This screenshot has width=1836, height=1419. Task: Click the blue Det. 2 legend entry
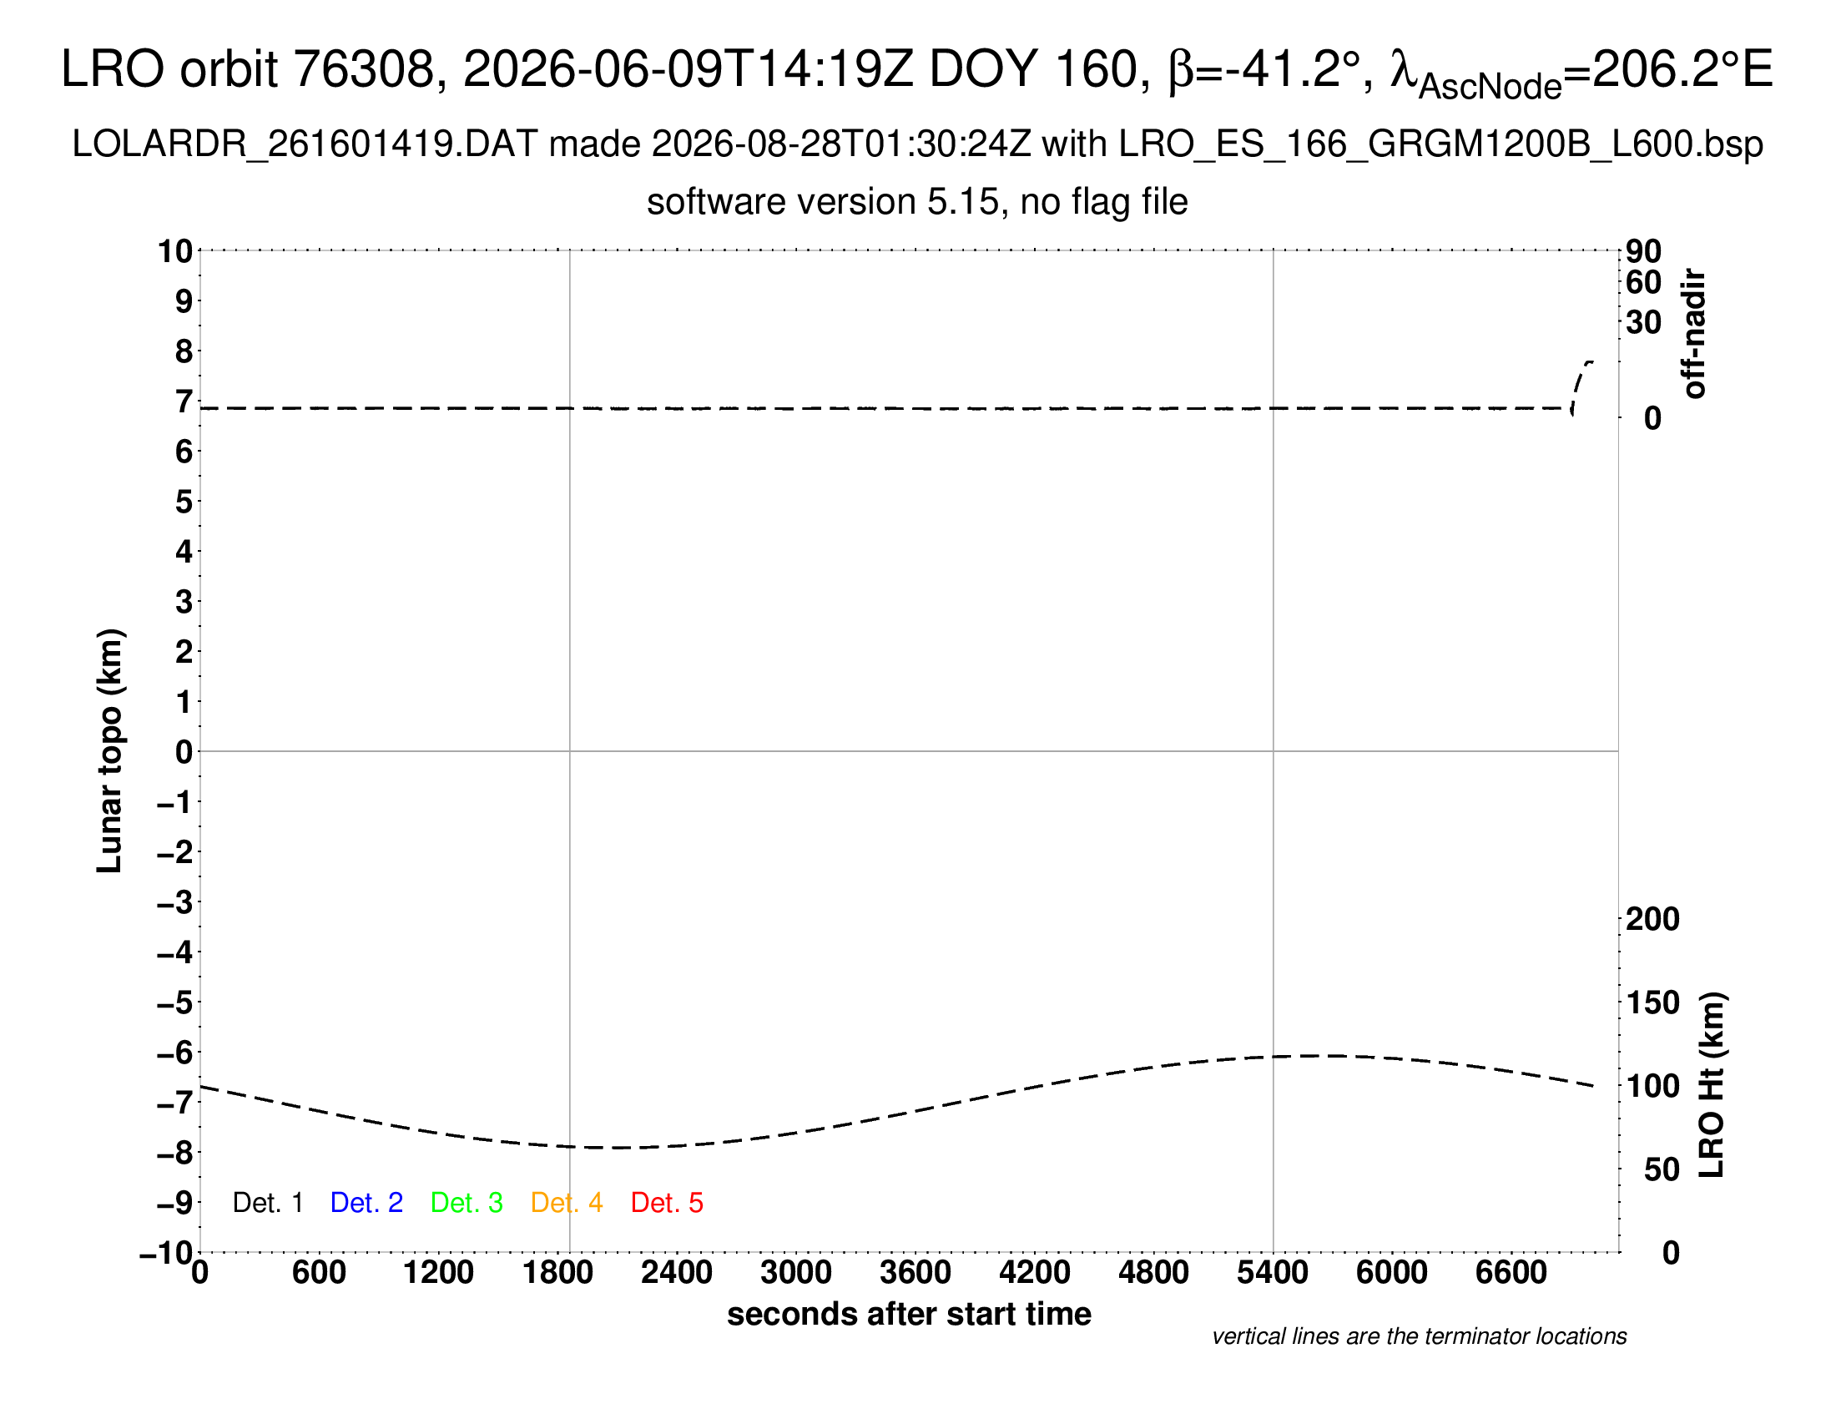(x=366, y=1203)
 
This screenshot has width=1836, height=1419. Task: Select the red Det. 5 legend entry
(x=667, y=1203)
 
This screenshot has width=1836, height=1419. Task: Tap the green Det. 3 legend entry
(x=467, y=1203)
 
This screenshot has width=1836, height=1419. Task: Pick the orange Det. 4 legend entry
(x=567, y=1203)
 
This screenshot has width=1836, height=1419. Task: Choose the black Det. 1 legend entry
(x=267, y=1203)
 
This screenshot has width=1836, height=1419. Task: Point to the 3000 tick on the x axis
(x=796, y=1273)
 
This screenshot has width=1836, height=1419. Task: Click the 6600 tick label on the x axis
(x=1511, y=1273)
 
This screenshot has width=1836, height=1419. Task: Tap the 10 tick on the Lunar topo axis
(x=176, y=250)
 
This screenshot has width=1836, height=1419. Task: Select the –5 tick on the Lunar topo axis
(x=175, y=1002)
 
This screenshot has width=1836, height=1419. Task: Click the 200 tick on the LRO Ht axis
(x=1652, y=919)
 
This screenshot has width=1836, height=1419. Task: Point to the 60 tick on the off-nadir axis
(x=1643, y=282)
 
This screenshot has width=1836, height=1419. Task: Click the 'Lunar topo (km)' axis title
(x=110, y=750)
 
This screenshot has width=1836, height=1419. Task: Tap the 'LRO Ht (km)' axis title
(x=1712, y=1085)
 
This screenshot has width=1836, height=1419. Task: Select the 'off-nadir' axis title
(x=1695, y=334)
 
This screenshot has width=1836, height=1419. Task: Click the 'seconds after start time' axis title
(x=909, y=1314)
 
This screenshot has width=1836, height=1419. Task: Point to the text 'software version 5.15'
(x=824, y=202)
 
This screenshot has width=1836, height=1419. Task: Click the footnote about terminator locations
(x=1419, y=1336)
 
